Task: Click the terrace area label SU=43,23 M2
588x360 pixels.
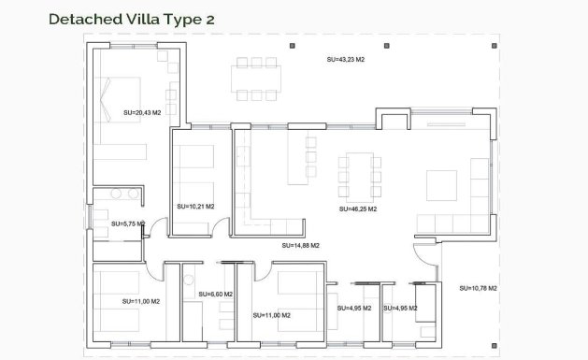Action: pos(346,59)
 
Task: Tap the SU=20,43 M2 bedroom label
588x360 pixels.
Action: pos(142,112)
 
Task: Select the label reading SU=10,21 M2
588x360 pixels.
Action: pos(194,206)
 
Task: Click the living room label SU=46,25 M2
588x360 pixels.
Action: pos(358,209)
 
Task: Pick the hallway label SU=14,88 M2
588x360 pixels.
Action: pos(300,245)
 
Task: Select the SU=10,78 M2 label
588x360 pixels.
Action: pos(478,288)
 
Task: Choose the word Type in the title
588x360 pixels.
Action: pos(168,19)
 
